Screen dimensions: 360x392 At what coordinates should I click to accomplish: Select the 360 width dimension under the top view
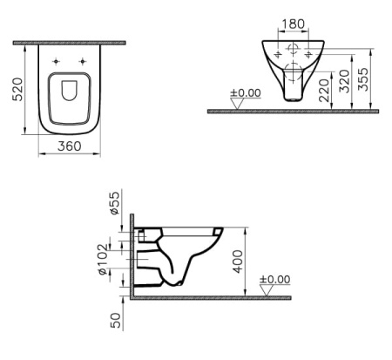click(x=69, y=146)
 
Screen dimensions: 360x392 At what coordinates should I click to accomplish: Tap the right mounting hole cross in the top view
click(x=83, y=61)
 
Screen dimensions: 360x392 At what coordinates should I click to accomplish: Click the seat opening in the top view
click(x=69, y=98)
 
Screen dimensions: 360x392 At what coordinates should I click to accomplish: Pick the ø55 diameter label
click(x=114, y=206)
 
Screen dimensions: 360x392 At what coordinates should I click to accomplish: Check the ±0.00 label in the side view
click(x=276, y=280)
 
